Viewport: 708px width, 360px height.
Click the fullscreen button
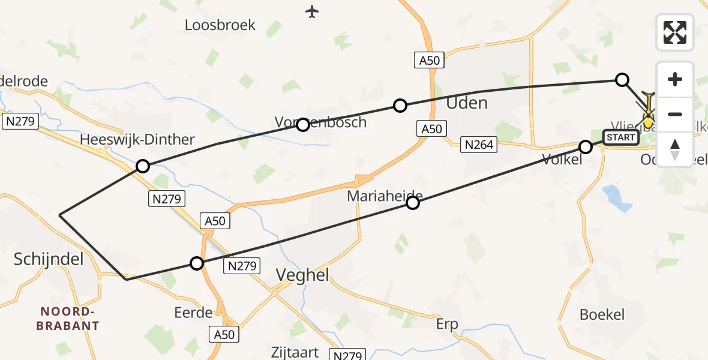coord(675,32)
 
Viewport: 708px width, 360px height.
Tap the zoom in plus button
coord(675,79)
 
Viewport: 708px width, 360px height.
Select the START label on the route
coord(620,137)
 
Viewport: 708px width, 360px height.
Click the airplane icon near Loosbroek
coord(311,11)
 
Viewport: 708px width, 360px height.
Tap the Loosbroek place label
coord(220,25)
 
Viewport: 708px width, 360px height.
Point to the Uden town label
coord(467,103)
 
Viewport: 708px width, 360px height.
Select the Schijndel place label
coord(49,260)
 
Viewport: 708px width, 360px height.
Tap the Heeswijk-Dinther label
coord(138,140)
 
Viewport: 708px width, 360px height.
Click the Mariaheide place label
coord(385,196)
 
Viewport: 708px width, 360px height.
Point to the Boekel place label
coord(602,314)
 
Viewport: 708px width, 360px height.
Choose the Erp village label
coord(447,325)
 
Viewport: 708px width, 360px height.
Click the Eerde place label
coord(193,313)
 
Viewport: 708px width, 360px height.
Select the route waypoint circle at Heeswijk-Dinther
coord(143,166)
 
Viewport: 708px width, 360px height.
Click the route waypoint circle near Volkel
coord(586,147)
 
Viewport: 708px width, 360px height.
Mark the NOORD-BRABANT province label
coord(68,319)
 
